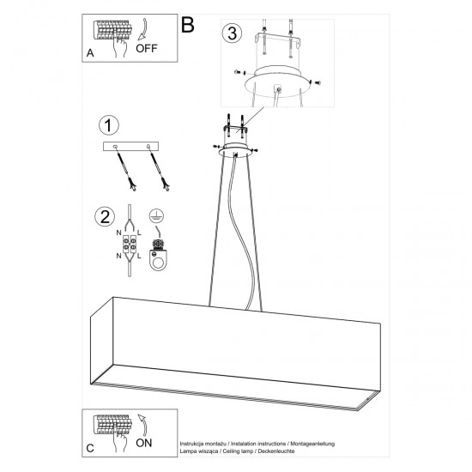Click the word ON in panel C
click(x=143, y=443)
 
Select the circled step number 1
click(x=108, y=126)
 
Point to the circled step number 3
click(x=229, y=34)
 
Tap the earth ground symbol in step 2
click(x=155, y=216)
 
